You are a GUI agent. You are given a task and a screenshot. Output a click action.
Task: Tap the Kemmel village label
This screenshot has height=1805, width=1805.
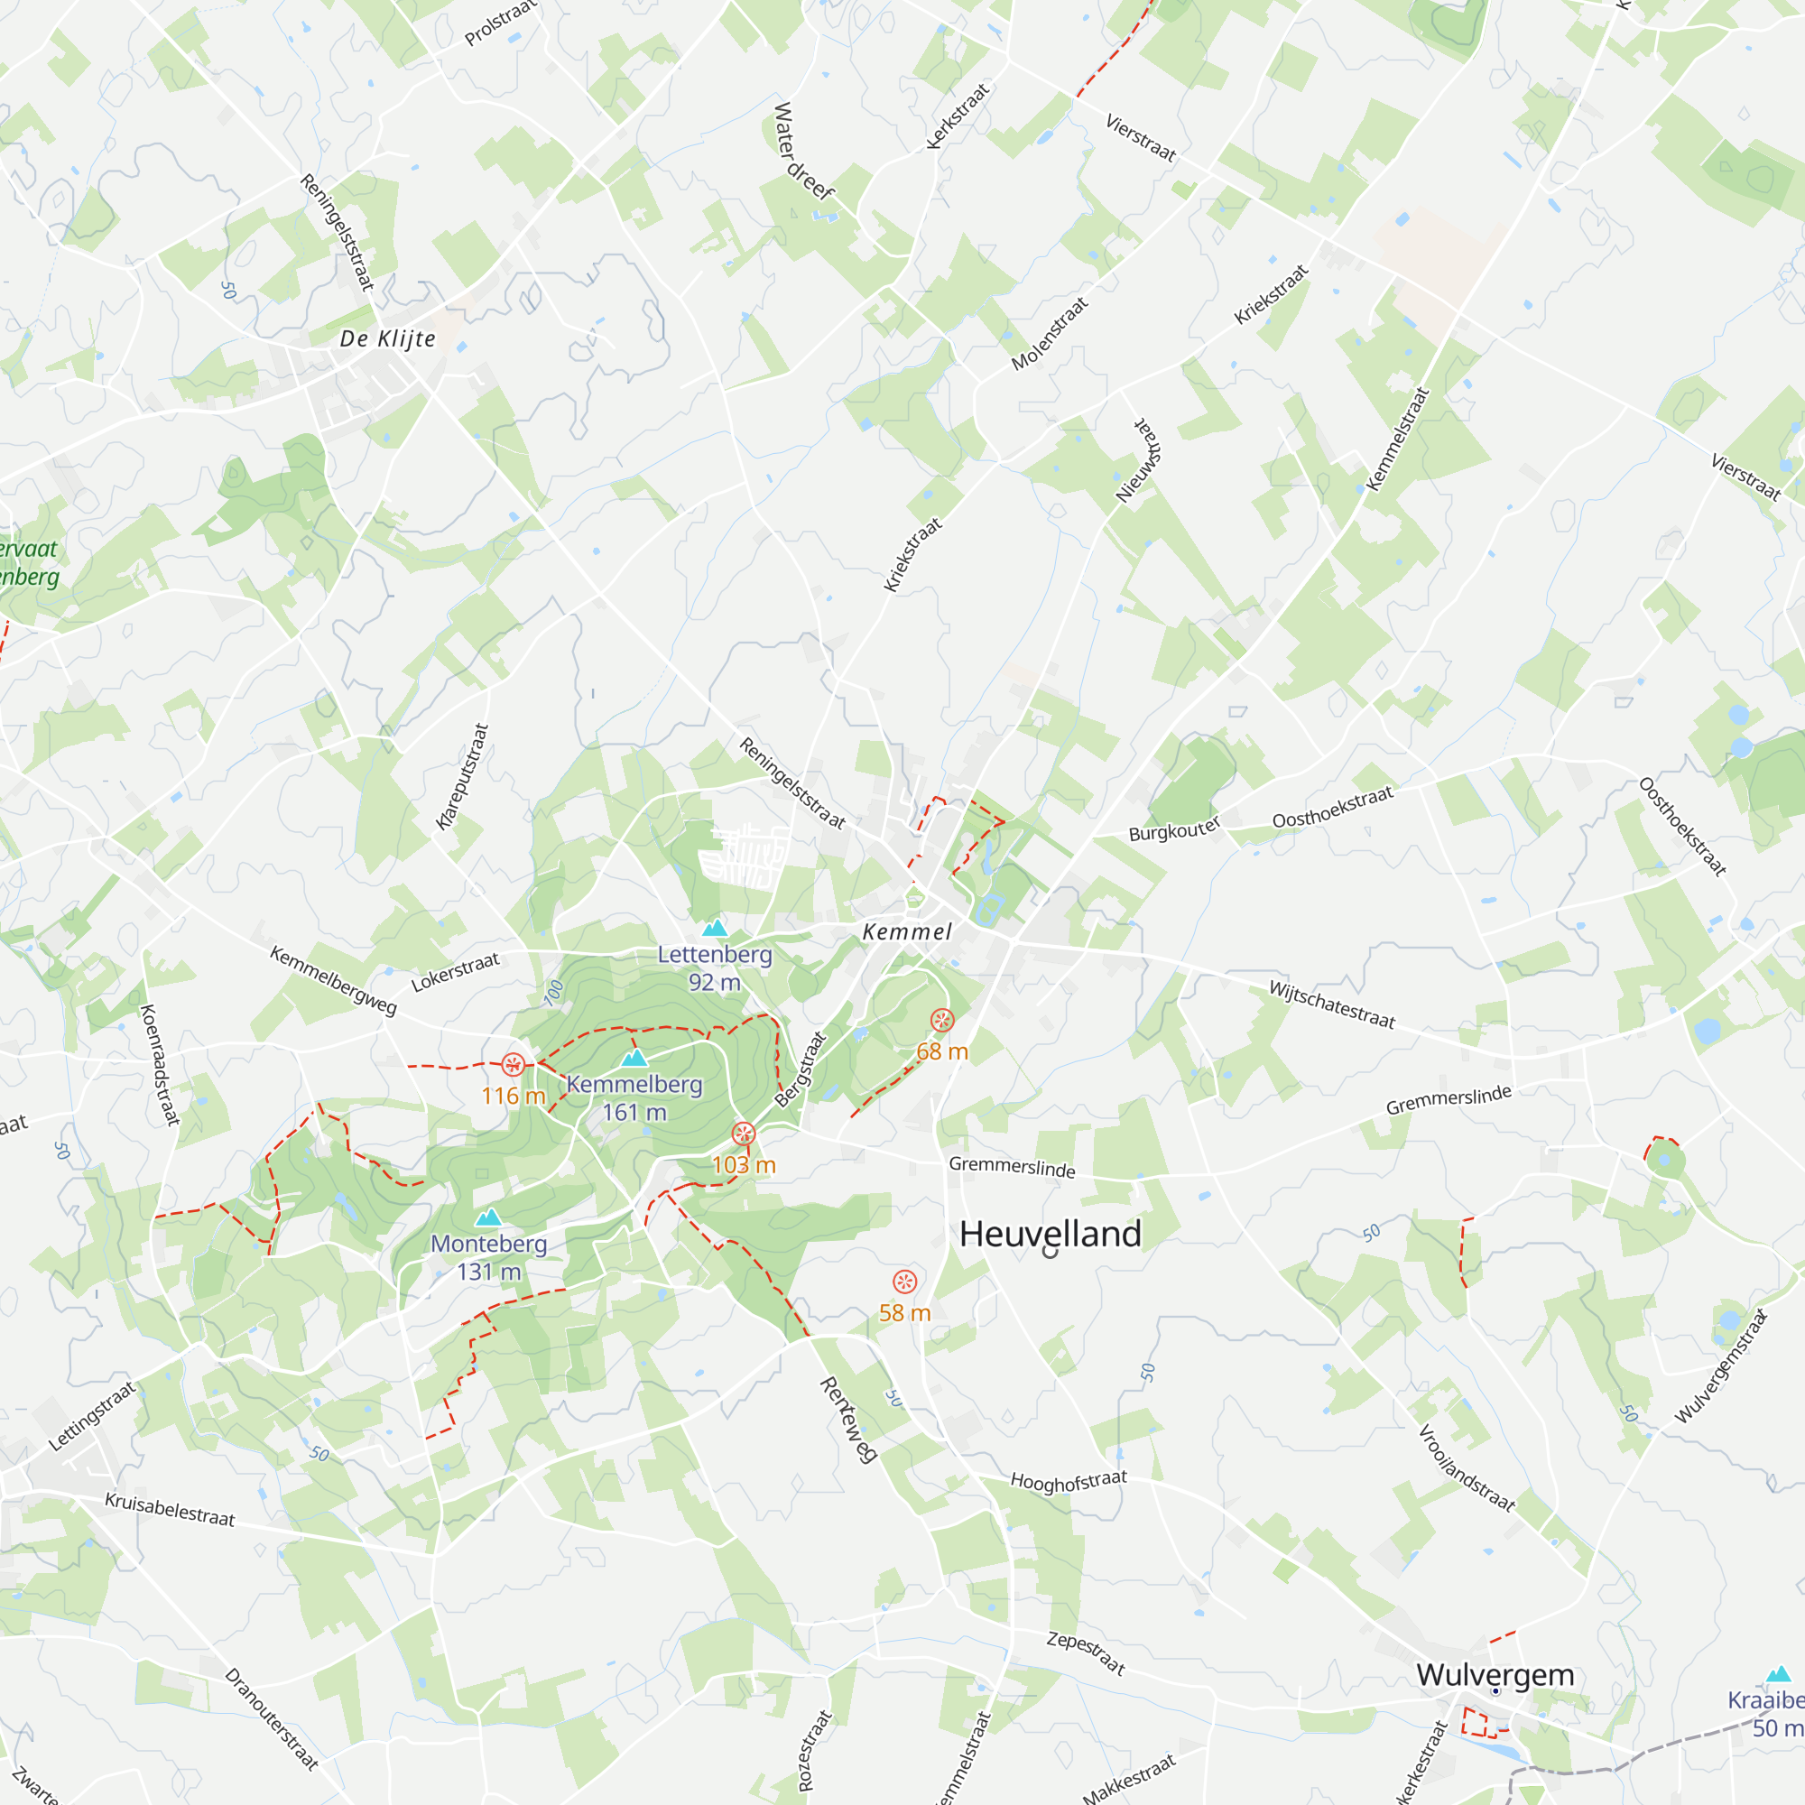(x=907, y=931)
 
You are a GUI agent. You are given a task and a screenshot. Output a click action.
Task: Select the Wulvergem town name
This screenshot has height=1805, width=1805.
(x=1495, y=1674)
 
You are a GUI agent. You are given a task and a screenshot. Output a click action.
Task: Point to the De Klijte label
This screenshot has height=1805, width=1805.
(x=388, y=338)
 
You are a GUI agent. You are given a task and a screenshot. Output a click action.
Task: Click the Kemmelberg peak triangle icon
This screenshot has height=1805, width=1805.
(x=634, y=1058)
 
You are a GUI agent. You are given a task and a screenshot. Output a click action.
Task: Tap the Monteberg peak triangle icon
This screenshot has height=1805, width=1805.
(x=488, y=1217)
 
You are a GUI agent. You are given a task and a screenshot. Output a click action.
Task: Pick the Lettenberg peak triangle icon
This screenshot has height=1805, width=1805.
(x=715, y=928)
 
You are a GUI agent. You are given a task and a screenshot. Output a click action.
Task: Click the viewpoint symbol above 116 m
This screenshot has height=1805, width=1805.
(x=513, y=1064)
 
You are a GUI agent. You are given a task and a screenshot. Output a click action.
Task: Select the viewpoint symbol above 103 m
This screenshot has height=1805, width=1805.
(x=743, y=1134)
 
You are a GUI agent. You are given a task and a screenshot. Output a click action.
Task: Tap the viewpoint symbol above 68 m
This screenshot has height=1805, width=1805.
(x=941, y=1020)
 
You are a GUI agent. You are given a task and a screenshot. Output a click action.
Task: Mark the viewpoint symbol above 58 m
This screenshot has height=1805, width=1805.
(x=904, y=1281)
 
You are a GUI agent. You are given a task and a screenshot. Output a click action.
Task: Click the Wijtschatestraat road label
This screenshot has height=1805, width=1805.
(x=1331, y=1005)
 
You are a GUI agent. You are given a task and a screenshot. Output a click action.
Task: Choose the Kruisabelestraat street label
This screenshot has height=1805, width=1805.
(x=170, y=1509)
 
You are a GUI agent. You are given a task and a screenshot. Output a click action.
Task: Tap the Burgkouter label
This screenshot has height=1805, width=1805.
(x=1174, y=828)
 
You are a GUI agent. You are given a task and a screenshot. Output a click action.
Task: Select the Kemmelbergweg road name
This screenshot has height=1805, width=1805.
(x=334, y=980)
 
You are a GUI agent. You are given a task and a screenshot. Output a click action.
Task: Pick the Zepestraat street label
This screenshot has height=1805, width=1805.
(x=1086, y=1652)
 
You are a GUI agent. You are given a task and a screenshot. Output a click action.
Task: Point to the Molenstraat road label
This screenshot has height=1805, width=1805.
(x=1051, y=334)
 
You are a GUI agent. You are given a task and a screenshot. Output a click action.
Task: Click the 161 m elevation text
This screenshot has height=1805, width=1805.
(x=634, y=1113)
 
